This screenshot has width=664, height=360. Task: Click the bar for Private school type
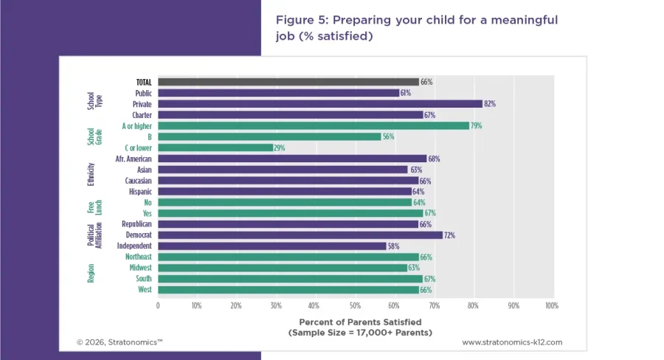(x=319, y=104)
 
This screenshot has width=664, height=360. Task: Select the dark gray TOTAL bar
(x=288, y=82)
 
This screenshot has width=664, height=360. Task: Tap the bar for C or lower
(x=215, y=148)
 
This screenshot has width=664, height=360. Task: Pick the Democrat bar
(x=300, y=235)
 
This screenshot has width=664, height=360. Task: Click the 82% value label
(x=489, y=104)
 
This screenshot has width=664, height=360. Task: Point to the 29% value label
(x=280, y=148)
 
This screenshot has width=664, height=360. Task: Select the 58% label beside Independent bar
(x=394, y=246)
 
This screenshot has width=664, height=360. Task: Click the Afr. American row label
(x=134, y=159)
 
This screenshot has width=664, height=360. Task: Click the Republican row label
(x=136, y=224)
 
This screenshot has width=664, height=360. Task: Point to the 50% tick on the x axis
(x=354, y=305)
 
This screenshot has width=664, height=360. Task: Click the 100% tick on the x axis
(x=550, y=305)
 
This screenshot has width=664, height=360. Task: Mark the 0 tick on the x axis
(x=158, y=305)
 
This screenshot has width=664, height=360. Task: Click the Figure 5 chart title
(x=417, y=27)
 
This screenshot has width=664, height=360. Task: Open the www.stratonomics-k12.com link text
(x=512, y=342)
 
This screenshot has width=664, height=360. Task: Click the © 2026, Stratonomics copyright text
(x=120, y=342)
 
